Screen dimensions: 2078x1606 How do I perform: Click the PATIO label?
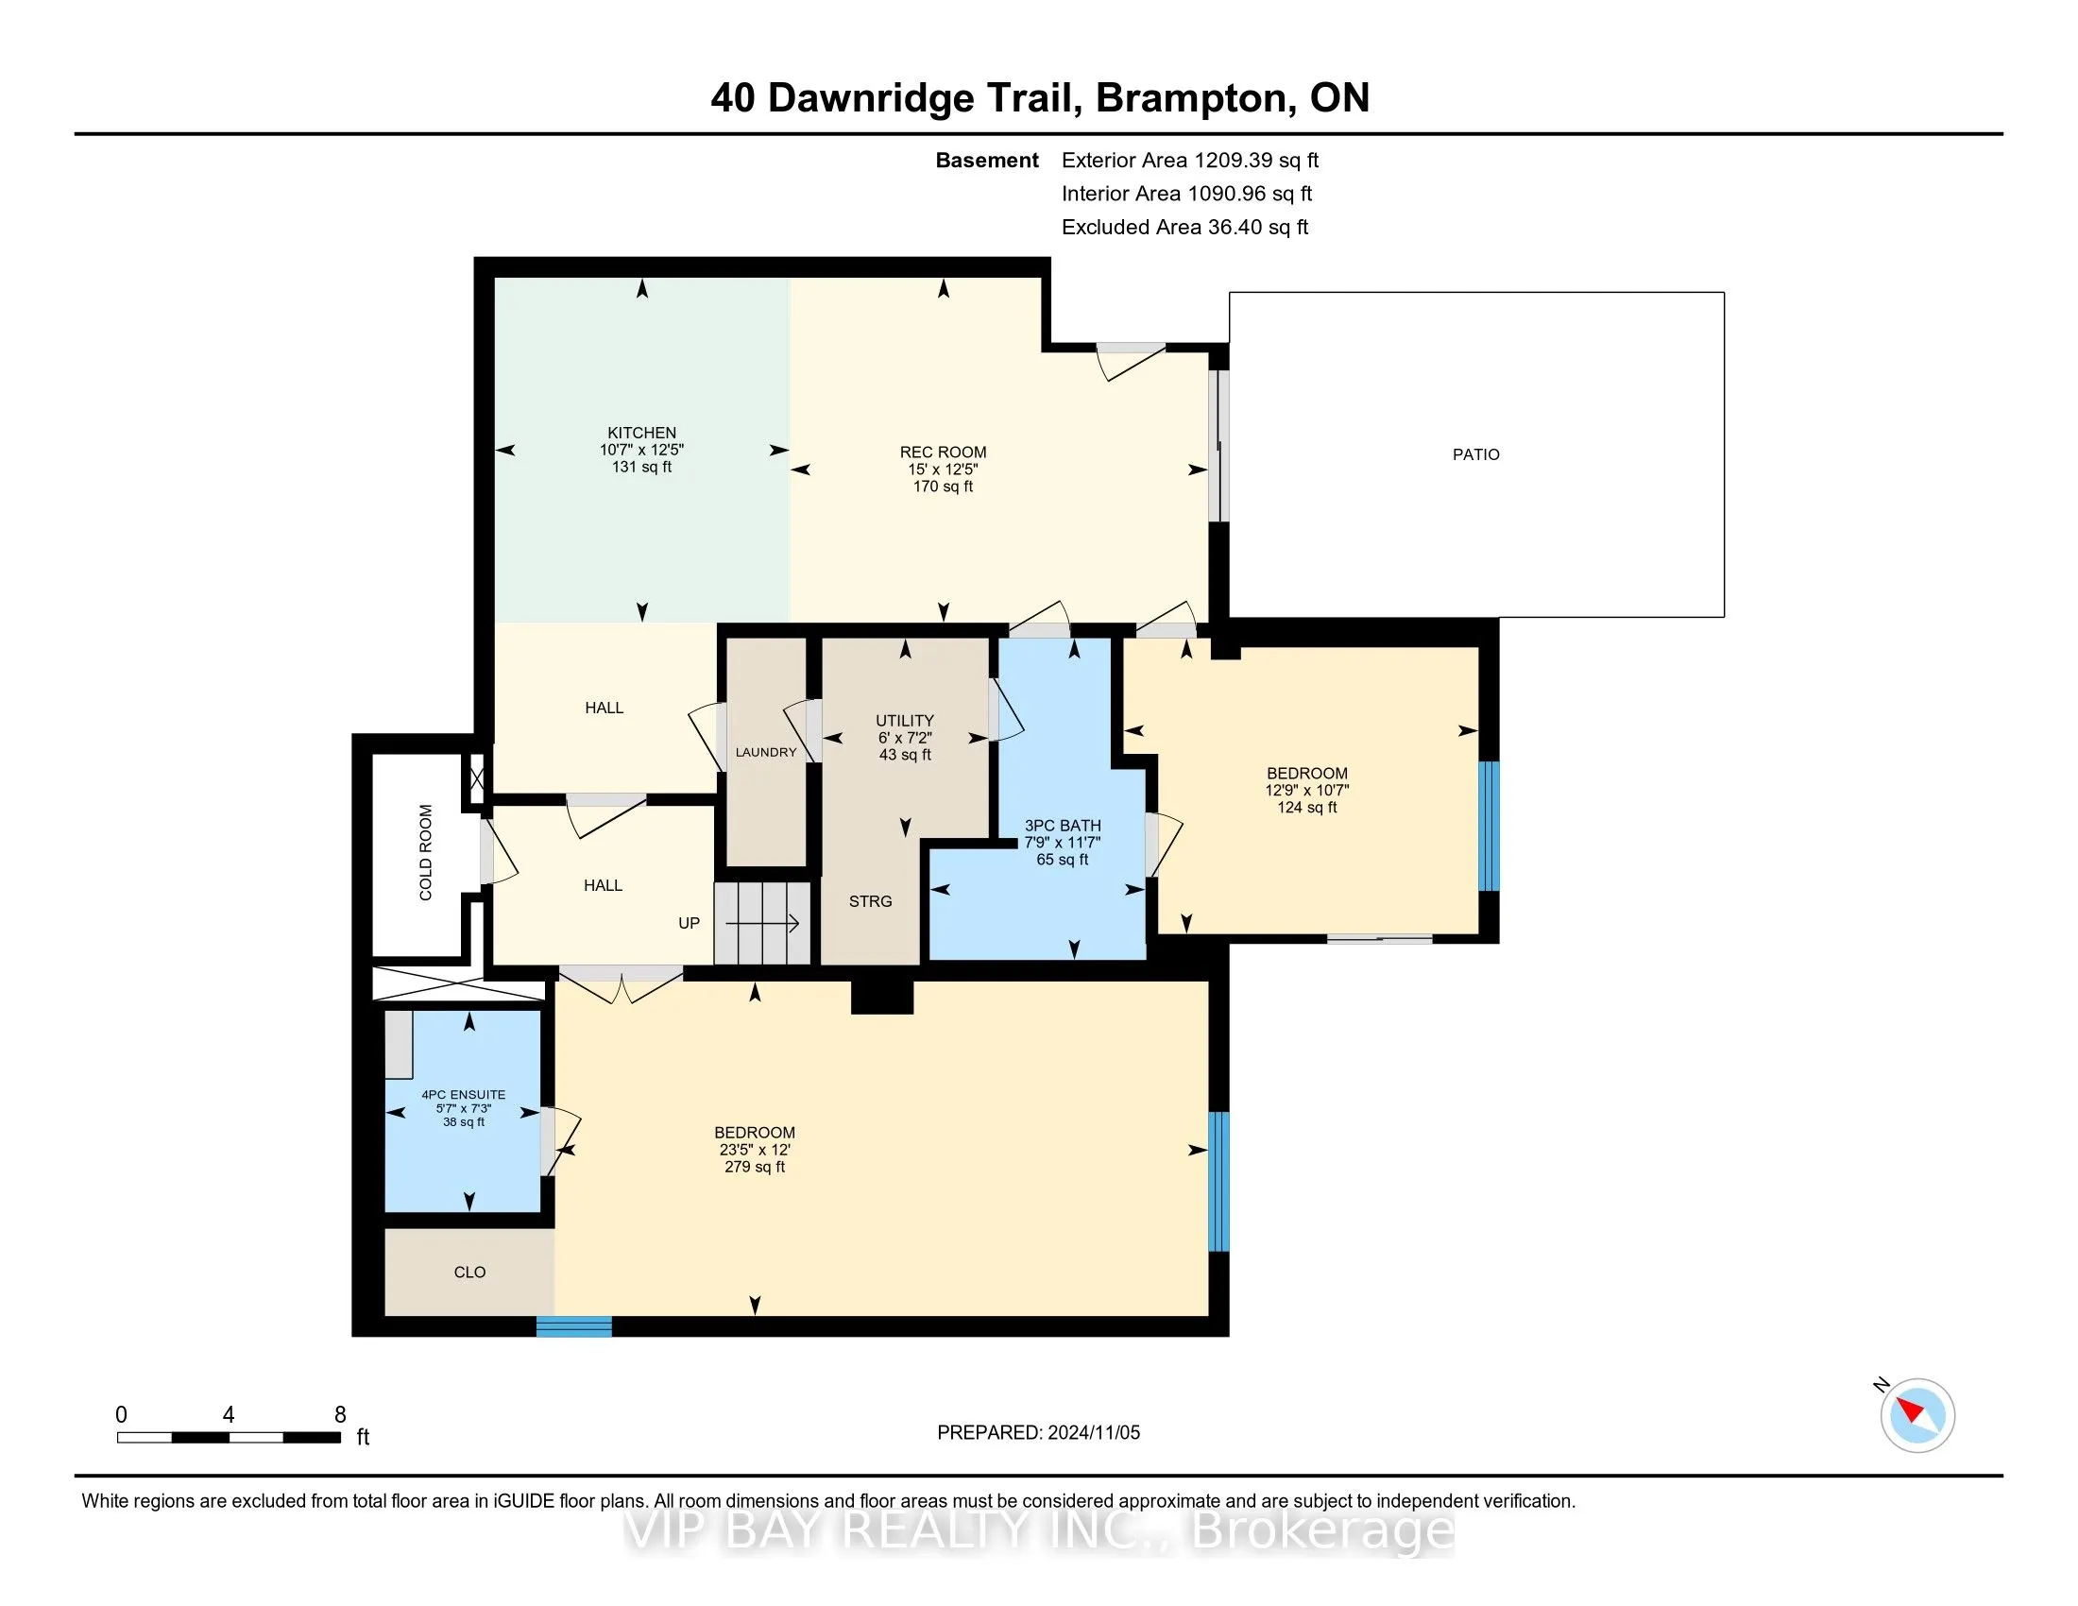[1475, 454]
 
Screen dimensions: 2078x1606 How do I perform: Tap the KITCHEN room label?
[642, 433]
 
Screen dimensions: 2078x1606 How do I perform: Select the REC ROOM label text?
[943, 453]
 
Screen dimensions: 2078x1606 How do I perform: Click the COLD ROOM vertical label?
[425, 852]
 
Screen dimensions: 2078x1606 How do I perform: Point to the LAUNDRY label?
[766, 753]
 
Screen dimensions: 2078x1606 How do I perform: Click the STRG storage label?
[871, 901]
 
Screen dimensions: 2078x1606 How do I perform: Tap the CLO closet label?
[470, 1273]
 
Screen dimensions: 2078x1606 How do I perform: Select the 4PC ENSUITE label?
[464, 1095]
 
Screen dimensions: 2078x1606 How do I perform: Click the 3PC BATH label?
[1063, 826]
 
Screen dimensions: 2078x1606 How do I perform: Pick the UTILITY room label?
[905, 721]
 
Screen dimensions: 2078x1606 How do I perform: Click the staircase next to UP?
[762, 923]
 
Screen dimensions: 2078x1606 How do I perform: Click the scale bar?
[229, 1438]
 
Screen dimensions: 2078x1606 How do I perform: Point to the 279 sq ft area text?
[755, 1167]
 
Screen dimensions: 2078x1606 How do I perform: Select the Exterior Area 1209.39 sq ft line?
[1190, 160]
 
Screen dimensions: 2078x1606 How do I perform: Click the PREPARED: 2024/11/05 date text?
[1038, 1433]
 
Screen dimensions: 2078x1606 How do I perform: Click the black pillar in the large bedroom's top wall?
[882, 995]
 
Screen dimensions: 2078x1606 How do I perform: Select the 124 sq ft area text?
[1307, 808]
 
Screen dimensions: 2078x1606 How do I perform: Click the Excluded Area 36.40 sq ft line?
[1185, 227]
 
